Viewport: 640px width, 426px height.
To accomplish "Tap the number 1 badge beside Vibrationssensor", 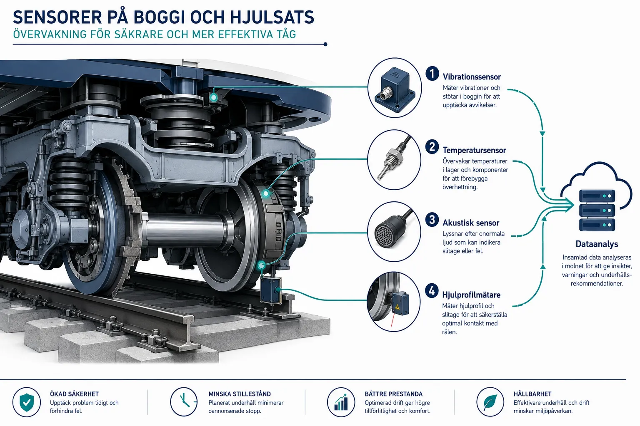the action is click(x=432, y=74).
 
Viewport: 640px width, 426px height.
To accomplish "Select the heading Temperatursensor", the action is click(x=474, y=150).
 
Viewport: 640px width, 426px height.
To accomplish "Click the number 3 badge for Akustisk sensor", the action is click(x=432, y=220).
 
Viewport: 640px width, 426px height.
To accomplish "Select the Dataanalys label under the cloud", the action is click(x=597, y=244).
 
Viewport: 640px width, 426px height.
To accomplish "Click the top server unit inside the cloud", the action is click(x=597, y=196).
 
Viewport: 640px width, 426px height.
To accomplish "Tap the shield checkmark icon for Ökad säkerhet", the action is click(x=27, y=402).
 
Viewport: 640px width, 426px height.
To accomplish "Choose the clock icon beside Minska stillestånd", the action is click(x=184, y=402).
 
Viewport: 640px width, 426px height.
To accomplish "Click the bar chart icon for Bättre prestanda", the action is click(x=341, y=402).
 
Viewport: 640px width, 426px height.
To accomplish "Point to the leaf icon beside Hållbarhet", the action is click(x=490, y=402).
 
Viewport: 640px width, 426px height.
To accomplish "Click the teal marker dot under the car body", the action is click(x=213, y=98).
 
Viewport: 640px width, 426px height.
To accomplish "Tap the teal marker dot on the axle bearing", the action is click(x=266, y=193).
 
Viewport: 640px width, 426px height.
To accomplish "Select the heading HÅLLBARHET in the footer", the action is click(x=532, y=394).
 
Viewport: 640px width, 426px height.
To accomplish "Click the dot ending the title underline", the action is click(x=325, y=44).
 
